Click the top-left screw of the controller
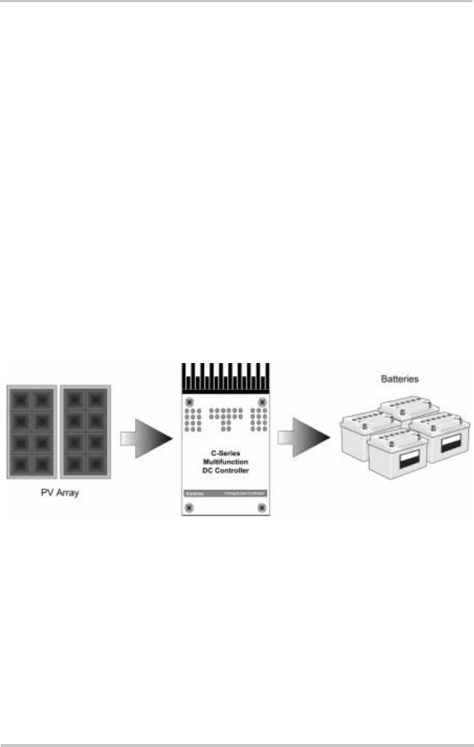pos(189,401)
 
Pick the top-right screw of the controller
pos(258,401)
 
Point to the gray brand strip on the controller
pos(224,494)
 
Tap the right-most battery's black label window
pos(443,445)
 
